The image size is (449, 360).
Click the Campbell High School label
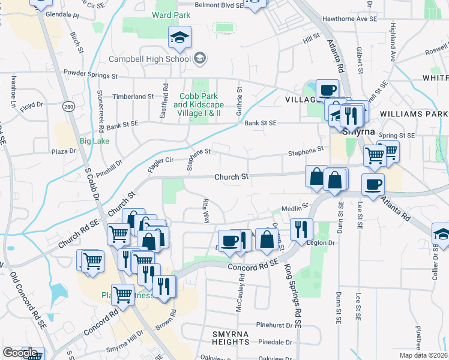point(149,58)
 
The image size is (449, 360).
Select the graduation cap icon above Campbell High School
point(179,38)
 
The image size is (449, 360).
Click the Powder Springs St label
point(90,76)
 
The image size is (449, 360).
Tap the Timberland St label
point(133,96)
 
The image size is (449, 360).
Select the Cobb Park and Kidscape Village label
point(197,104)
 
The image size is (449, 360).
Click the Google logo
point(20,352)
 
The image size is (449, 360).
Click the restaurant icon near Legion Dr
point(300,229)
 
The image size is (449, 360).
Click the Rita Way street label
point(206,211)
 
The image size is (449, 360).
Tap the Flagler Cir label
point(160,161)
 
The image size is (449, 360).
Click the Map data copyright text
point(424,355)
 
